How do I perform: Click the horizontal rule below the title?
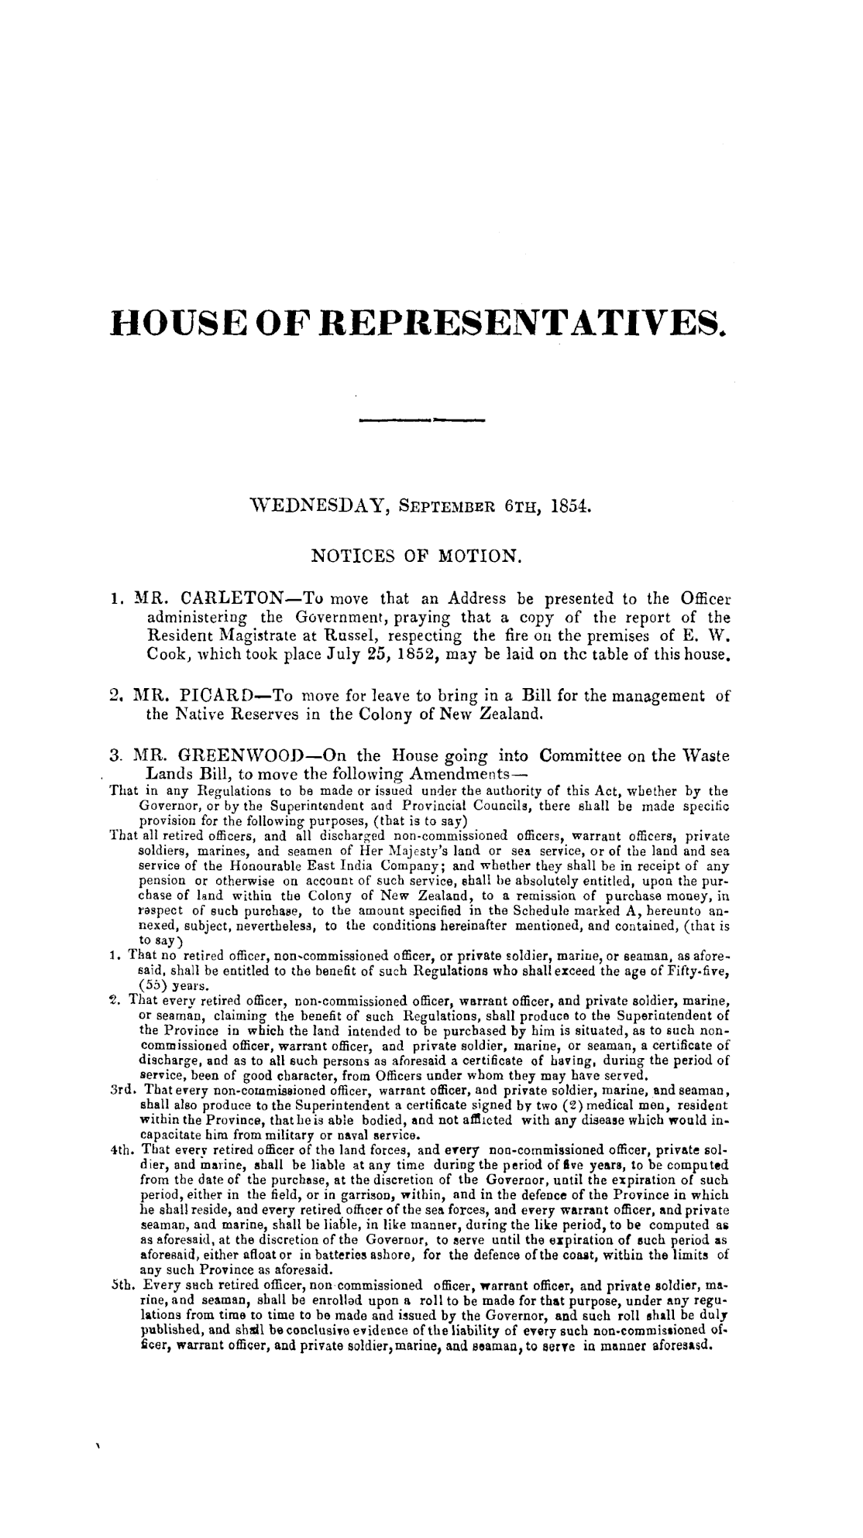tap(421, 420)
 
